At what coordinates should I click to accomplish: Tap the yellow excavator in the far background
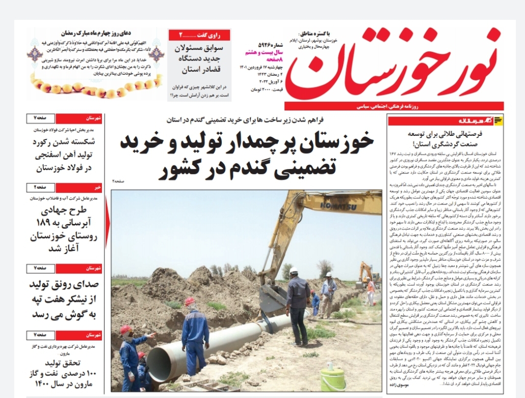click(x=366, y=275)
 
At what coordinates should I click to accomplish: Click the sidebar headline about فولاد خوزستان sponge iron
click(x=66, y=154)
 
